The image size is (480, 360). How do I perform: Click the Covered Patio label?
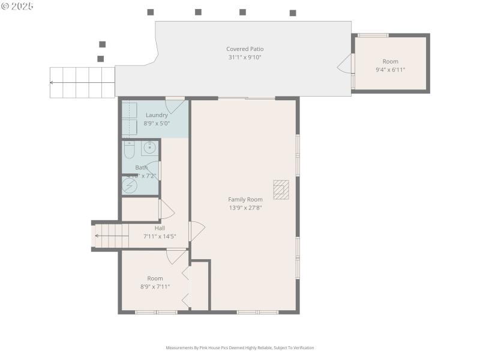click(x=245, y=49)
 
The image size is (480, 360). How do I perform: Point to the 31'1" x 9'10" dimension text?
click(x=245, y=58)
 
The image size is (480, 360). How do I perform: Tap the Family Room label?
click(x=245, y=199)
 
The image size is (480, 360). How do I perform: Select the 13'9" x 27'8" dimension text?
click(x=245, y=208)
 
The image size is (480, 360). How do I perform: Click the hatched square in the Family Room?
click(x=281, y=190)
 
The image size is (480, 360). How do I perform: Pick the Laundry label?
click(x=157, y=115)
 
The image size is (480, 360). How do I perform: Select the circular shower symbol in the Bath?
click(x=130, y=185)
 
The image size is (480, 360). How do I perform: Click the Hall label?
click(x=160, y=228)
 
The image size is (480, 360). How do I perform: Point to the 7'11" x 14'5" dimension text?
click(x=160, y=236)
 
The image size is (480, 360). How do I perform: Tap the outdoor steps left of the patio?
click(x=82, y=82)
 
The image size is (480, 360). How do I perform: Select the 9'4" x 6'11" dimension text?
click(x=390, y=70)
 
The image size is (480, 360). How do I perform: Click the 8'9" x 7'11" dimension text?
click(x=155, y=286)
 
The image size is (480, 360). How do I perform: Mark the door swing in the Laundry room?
click(x=175, y=106)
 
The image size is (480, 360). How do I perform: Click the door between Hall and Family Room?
click(x=196, y=231)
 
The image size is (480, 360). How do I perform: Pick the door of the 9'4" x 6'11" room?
click(x=346, y=64)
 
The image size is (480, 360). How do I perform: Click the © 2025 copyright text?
click(x=17, y=6)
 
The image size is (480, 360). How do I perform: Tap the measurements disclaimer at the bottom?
click(x=240, y=347)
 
